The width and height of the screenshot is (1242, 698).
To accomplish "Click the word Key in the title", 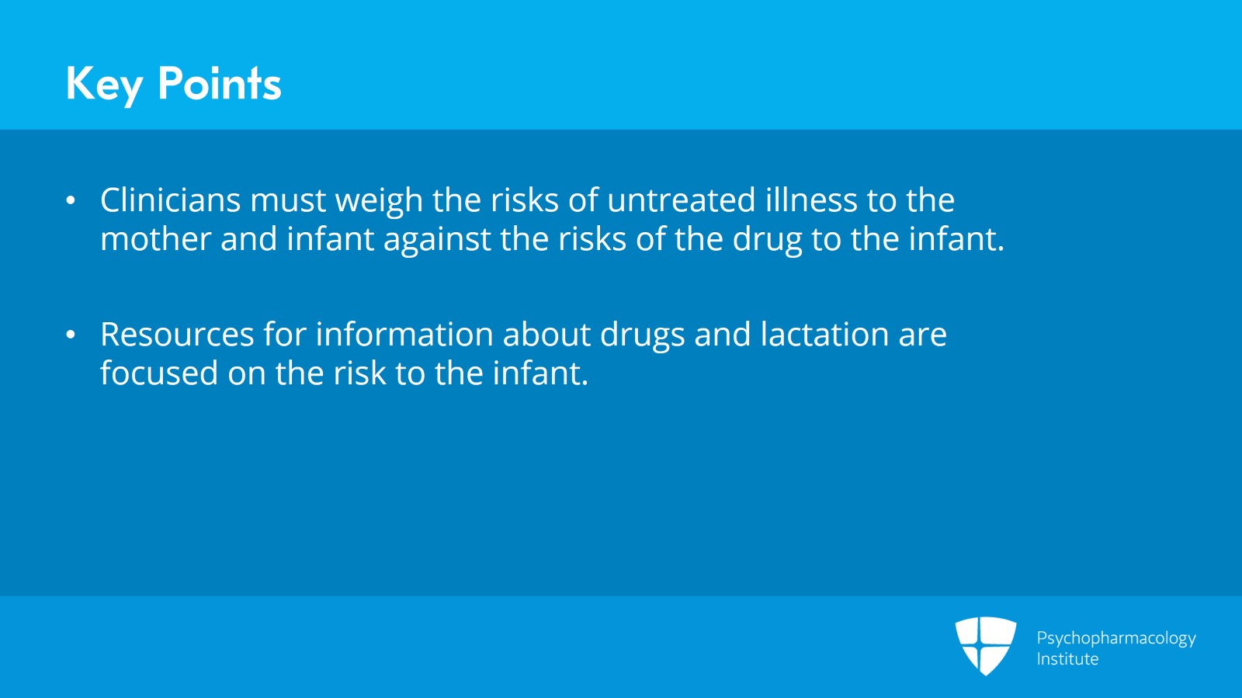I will (105, 84).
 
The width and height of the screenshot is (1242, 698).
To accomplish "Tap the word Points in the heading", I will (219, 84).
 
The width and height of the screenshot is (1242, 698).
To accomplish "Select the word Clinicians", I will (171, 200).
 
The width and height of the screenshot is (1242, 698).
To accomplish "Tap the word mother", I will (155, 239).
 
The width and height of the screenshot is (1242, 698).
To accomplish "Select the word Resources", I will (177, 335).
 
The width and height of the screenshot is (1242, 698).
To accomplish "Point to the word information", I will (404, 335).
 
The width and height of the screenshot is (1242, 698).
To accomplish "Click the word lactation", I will (824, 335).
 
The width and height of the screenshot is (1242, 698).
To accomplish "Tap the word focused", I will (159, 373).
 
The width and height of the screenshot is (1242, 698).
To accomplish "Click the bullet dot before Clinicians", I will (71, 201).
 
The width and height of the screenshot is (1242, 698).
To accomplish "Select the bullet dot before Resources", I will (71, 335).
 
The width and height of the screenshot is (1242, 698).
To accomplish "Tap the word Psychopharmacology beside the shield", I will (1115, 638).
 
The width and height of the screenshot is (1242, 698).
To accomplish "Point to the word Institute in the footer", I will (1067, 659).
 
